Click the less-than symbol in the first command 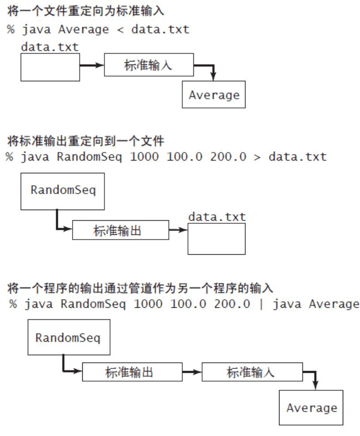[x=120, y=30]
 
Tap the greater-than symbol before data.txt [x=257, y=157]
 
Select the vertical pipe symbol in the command [x=261, y=304]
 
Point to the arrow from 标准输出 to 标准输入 [x=192, y=372]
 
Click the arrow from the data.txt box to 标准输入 [x=92, y=65]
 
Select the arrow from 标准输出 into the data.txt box [x=178, y=230]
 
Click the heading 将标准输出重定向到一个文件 [x=86, y=141]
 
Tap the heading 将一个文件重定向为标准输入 [x=86, y=11]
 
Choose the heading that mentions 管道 [x=140, y=288]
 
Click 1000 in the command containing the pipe [x=148, y=304]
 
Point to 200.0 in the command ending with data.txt [x=228, y=157]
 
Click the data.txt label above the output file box [x=217, y=217]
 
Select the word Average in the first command [x=84, y=30]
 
